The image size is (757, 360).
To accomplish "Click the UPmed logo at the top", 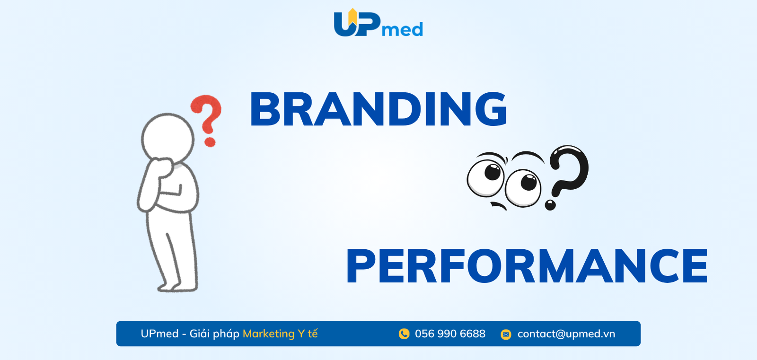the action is pos(378,23).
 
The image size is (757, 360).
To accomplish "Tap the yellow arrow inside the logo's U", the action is pos(352,16).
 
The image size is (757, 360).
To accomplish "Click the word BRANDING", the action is pos(378,109).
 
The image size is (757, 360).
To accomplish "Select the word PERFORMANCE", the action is pos(527,266).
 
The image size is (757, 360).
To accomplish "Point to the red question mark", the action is pos(206,120).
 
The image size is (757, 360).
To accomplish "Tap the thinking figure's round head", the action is pos(167,138).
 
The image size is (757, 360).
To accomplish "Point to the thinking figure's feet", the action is pos(177,287).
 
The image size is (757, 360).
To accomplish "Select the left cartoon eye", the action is pos(486,177).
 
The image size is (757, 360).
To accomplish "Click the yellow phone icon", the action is pos(404,334).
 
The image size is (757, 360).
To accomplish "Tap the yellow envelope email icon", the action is pos(506,334).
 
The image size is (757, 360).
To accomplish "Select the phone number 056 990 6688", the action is pos(450,334).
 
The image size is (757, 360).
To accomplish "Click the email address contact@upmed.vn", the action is pos(566,334).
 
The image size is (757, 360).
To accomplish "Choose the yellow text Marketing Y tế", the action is pos(280,334).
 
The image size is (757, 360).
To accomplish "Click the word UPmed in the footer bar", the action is pos(159,334).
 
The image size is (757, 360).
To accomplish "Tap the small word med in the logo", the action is pos(403,29).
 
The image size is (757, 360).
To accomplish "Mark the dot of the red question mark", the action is pos(210,142).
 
